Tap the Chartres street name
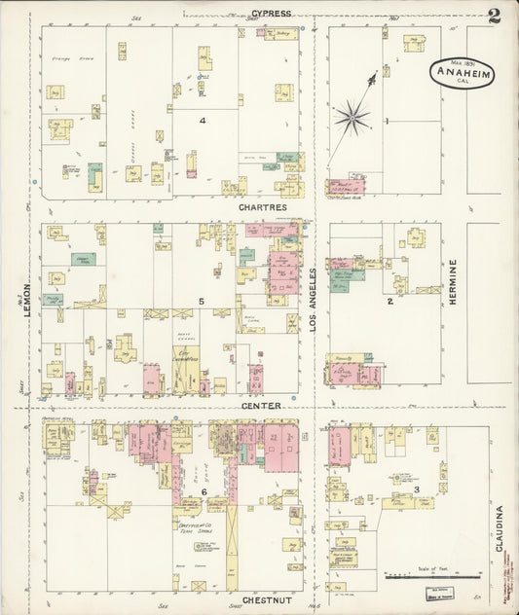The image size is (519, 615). pos(260,207)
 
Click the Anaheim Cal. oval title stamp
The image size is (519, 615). pos(462,73)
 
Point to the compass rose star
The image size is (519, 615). pos(352,119)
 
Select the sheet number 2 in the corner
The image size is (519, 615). pos(495,15)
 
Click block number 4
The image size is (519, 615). pos(203,121)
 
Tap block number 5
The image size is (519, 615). pos(201,302)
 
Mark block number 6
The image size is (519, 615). pos(204,492)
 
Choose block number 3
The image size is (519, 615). pos(416,488)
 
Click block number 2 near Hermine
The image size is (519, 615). pos(389,302)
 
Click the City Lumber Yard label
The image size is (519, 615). pos(186,358)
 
